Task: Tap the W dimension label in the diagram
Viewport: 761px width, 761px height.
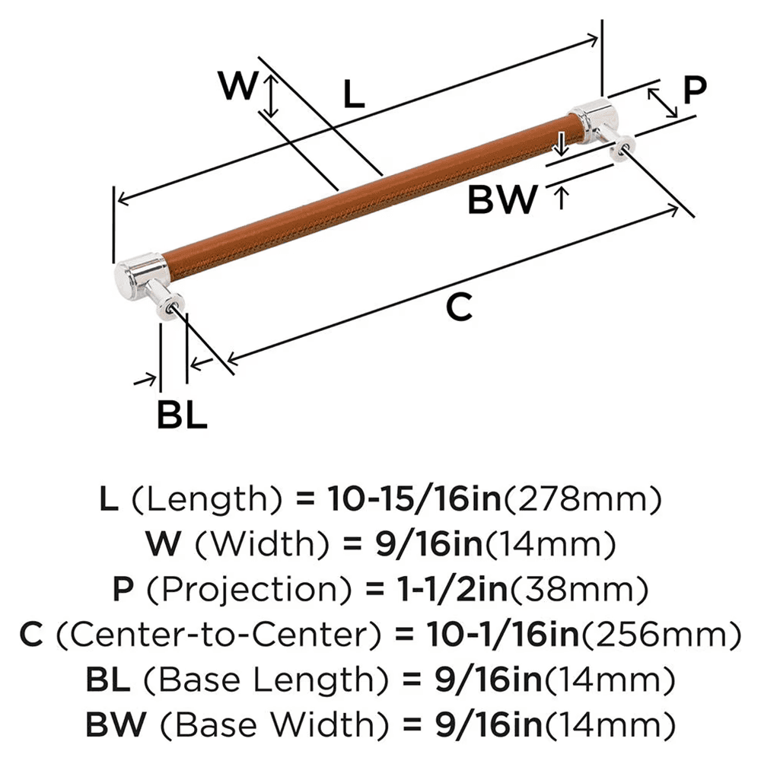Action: click(237, 86)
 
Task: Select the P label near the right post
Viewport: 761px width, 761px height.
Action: click(693, 90)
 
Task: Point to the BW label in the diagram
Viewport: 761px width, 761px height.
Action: click(501, 200)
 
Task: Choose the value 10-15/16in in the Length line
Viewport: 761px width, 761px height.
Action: click(414, 501)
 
